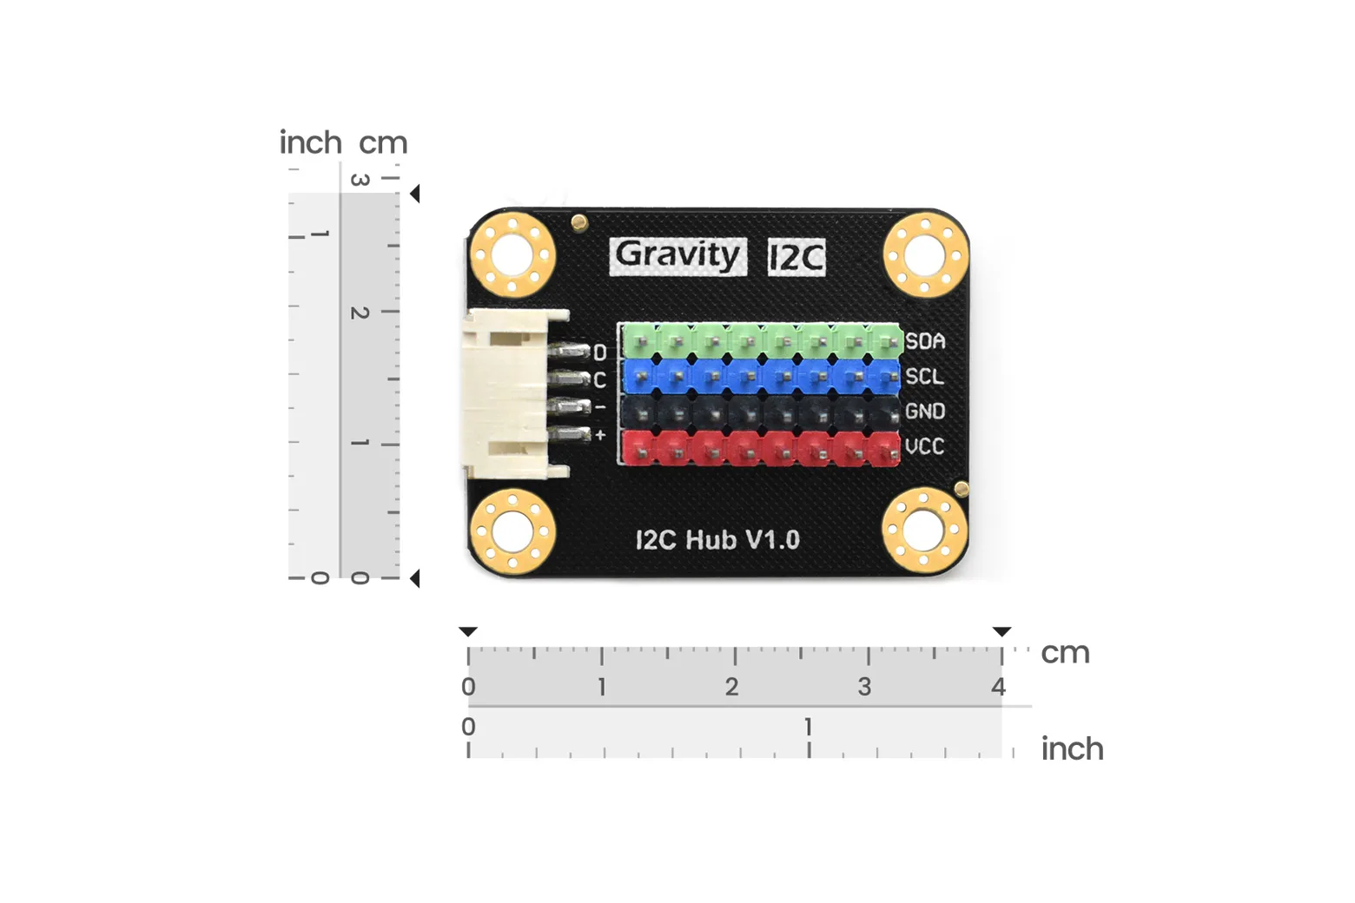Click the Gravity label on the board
677,256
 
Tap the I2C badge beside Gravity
796,258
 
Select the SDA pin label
925,342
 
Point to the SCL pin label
924,377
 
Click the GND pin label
925,412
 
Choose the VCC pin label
925,446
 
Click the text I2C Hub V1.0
717,539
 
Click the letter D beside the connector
599,353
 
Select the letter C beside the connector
599,380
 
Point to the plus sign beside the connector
600,435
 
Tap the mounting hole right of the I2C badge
926,254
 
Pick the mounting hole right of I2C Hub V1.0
923,531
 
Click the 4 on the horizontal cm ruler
998,687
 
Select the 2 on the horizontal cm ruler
732,687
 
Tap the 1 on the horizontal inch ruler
808,727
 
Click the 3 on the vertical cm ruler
360,180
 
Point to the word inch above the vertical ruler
310,142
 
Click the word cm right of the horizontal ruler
1065,653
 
